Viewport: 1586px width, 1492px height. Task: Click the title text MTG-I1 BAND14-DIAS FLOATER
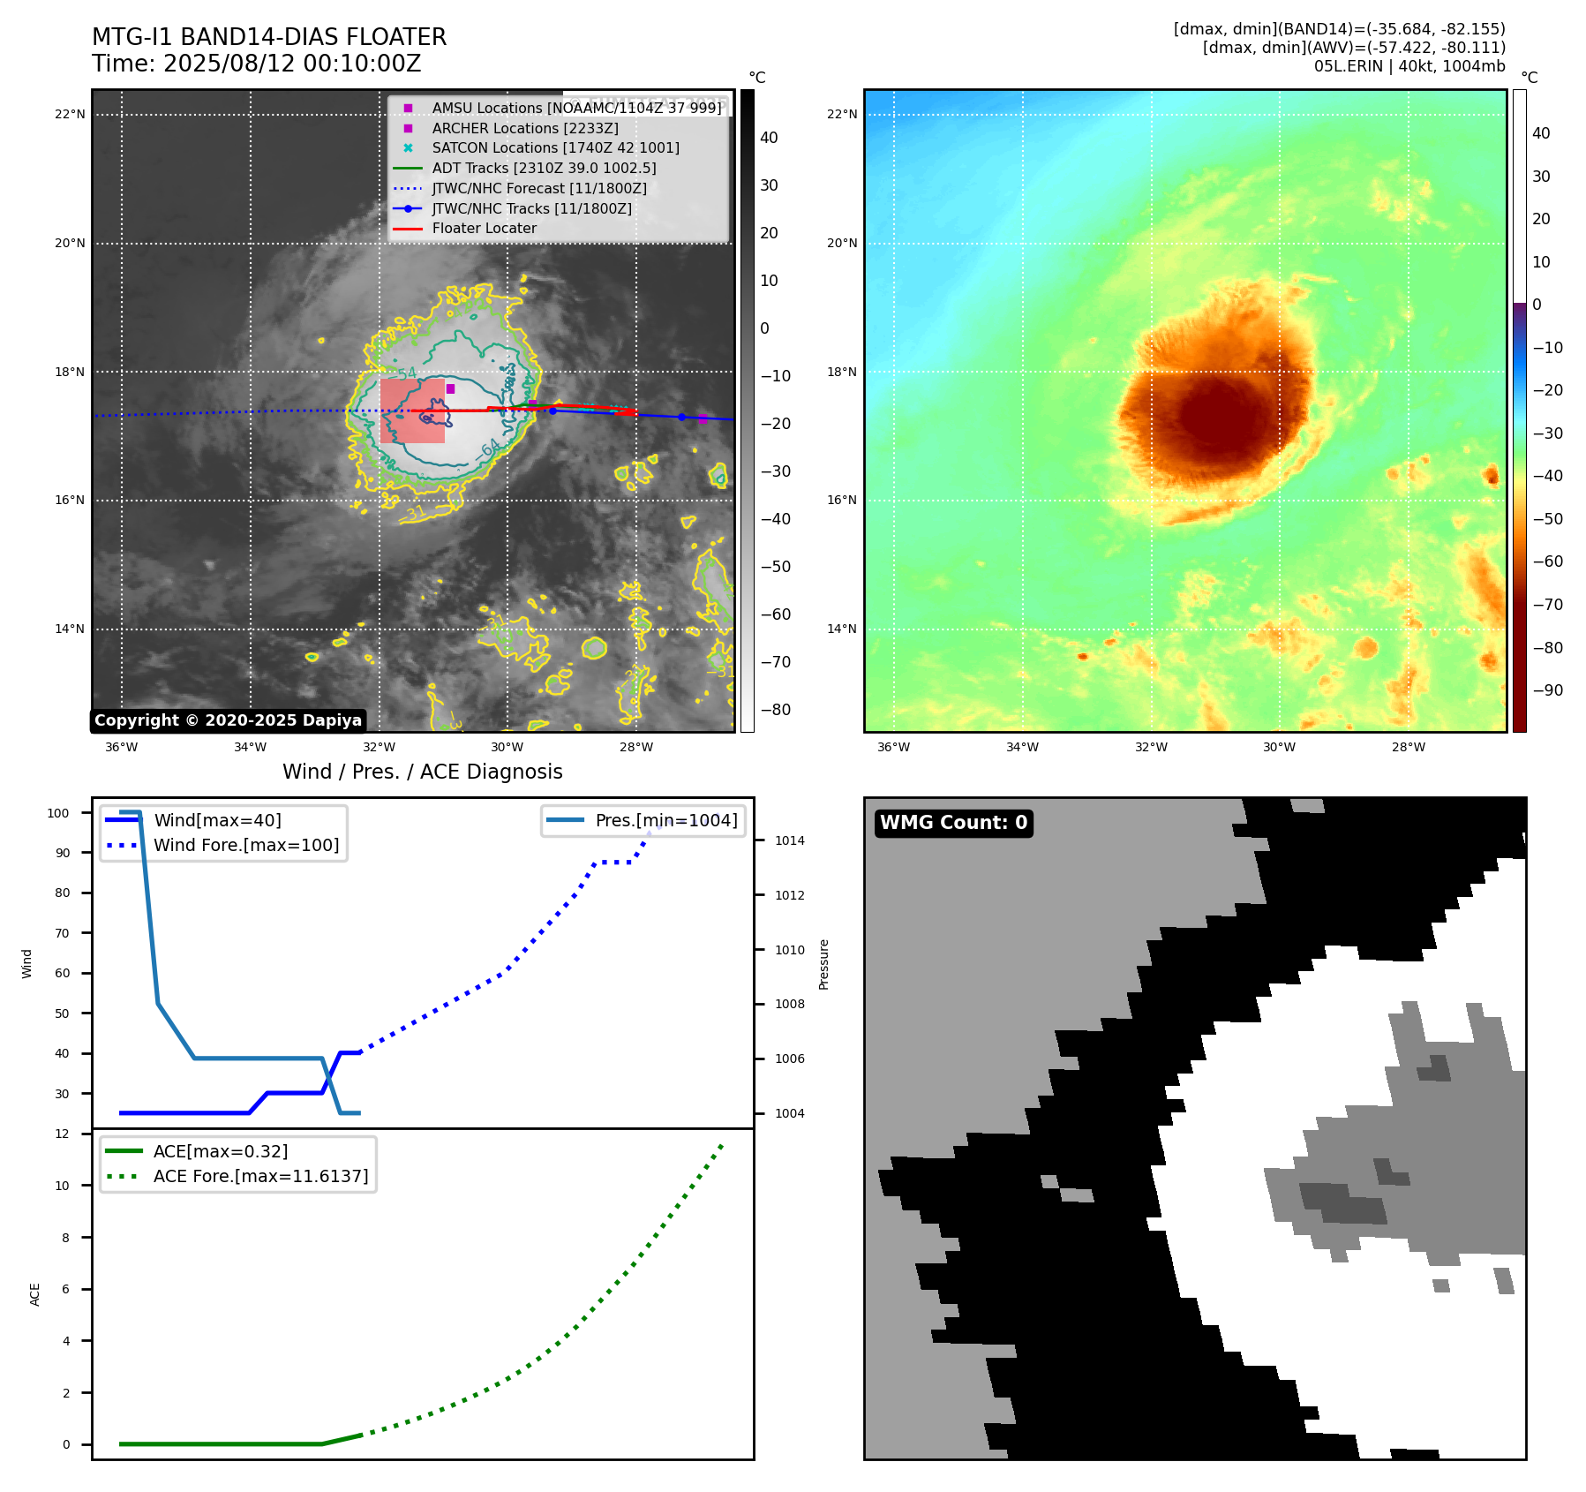pyautogui.click(x=269, y=37)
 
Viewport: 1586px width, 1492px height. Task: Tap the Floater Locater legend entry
pyautogui.click(x=484, y=229)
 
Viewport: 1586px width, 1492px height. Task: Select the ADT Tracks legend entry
pyautogui.click(x=544, y=168)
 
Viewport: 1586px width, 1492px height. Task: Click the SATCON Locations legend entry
pyautogui.click(x=555, y=147)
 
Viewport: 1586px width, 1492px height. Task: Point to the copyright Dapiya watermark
pyautogui.click(x=228, y=720)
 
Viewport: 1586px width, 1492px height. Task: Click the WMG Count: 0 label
pyautogui.click(x=953, y=823)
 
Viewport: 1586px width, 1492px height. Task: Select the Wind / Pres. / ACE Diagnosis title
pyautogui.click(x=422, y=772)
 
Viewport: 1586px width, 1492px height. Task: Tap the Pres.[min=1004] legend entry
pyautogui.click(x=665, y=820)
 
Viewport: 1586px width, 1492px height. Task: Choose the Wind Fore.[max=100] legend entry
pyautogui.click(x=246, y=845)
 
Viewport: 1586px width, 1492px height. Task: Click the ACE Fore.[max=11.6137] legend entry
pyautogui.click(x=260, y=1176)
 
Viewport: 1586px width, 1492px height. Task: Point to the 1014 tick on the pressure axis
pyautogui.click(x=790, y=840)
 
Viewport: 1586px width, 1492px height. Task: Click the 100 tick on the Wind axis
pyautogui.click(x=58, y=813)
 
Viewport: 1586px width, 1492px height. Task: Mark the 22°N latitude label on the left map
pyautogui.click(x=70, y=114)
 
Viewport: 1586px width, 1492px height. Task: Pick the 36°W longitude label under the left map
pyautogui.click(x=122, y=747)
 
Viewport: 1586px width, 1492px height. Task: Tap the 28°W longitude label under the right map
pyautogui.click(x=1408, y=747)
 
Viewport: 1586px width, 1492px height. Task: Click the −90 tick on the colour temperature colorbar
pyautogui.click(x=1547, y=690)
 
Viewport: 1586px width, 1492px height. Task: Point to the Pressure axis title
pyautogui.click(x=823, y=964)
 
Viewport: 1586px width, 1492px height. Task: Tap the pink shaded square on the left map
pyautogui.click(x=412, y=411)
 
